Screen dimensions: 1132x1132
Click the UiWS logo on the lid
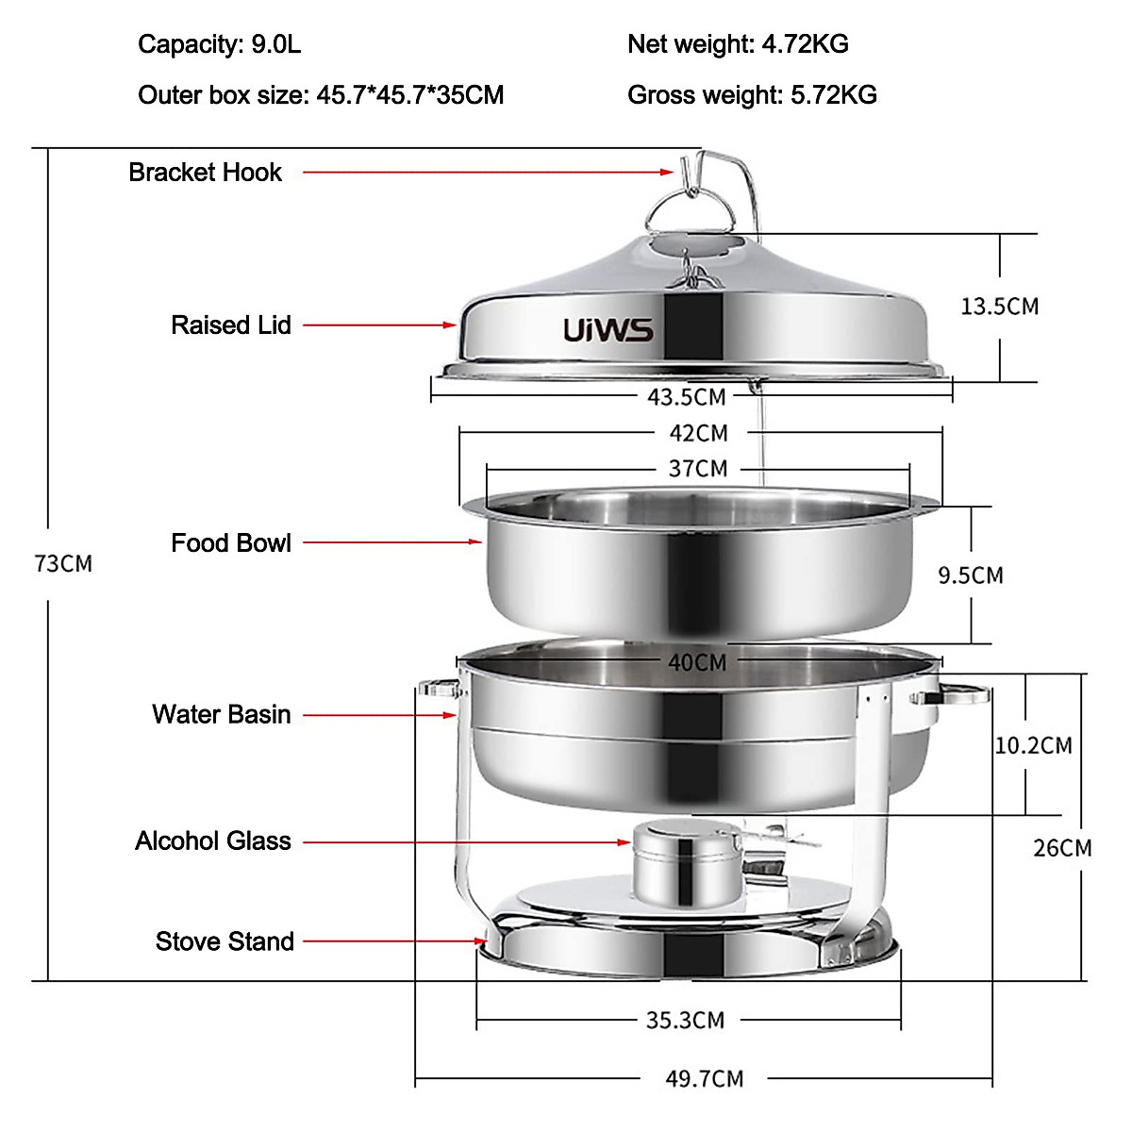(x=608, y=330)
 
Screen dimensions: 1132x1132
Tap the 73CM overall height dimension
(x=63, y=563)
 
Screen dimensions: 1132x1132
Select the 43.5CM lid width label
(x=686, y=396)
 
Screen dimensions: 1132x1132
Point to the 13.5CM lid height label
(x=999, y=306)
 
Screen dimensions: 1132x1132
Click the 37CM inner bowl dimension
(x=698, y=468)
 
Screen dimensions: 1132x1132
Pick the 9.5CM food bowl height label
(x=970, y=574)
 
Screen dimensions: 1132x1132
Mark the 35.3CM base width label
(x=685, y=1020)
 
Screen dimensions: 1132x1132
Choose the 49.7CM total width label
(x=704, y=1078)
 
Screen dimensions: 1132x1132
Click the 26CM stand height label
(x=1061, y=847)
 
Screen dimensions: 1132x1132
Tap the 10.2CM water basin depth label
(x=1033, y=745)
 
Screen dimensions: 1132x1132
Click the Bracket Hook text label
(x=205, y=172)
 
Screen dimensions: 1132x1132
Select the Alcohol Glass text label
(x=212, y=841)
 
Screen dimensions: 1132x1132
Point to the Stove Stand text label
(x=225, y=941)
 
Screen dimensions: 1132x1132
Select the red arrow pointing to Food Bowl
(x=392, y=542)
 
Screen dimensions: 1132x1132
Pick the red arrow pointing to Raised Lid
(x=379, y=325)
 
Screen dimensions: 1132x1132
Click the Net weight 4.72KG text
(x=738, y=43)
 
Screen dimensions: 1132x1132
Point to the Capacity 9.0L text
(x=219, y=43)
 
